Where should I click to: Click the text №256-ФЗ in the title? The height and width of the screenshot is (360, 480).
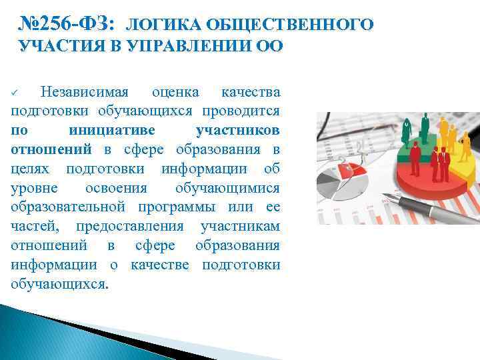(67, 25)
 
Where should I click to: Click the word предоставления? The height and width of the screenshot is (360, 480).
(133, 226)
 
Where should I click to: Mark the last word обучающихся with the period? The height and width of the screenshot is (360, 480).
(59, 284)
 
